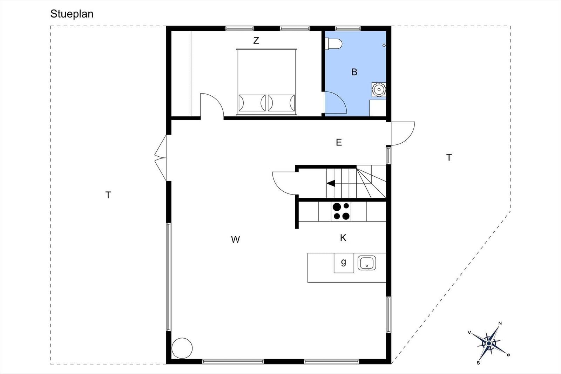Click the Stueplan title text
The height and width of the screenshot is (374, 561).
pos(72,14)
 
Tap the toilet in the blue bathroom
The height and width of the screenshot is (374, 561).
pos(333,44)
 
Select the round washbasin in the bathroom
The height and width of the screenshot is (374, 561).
pos(379,89)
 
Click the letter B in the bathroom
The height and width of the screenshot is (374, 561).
pos(354,72)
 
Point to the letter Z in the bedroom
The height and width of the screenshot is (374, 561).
pos(256,41)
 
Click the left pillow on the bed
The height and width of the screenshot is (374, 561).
pos(252,103)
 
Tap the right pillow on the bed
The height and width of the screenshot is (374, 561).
pos(281,103)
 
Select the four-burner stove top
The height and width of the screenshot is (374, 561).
pos(341,211)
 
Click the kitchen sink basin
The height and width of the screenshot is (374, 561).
pos(367,263)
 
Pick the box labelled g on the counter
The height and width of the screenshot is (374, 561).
pos(344,263)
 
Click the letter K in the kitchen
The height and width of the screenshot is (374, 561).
pos(343,238)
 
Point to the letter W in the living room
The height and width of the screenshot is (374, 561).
pos(235,239)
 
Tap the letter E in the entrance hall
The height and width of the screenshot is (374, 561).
pos(339,142)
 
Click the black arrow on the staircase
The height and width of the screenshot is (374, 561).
pos(331,183)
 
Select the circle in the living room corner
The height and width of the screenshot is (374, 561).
pos(182,348)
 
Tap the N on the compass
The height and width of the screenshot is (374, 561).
pos(500,323)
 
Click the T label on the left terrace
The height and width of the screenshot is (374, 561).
pos(108,195)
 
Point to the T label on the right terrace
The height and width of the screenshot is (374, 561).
pos(449,157)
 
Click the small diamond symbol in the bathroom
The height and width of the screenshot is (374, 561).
pos(384,45)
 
